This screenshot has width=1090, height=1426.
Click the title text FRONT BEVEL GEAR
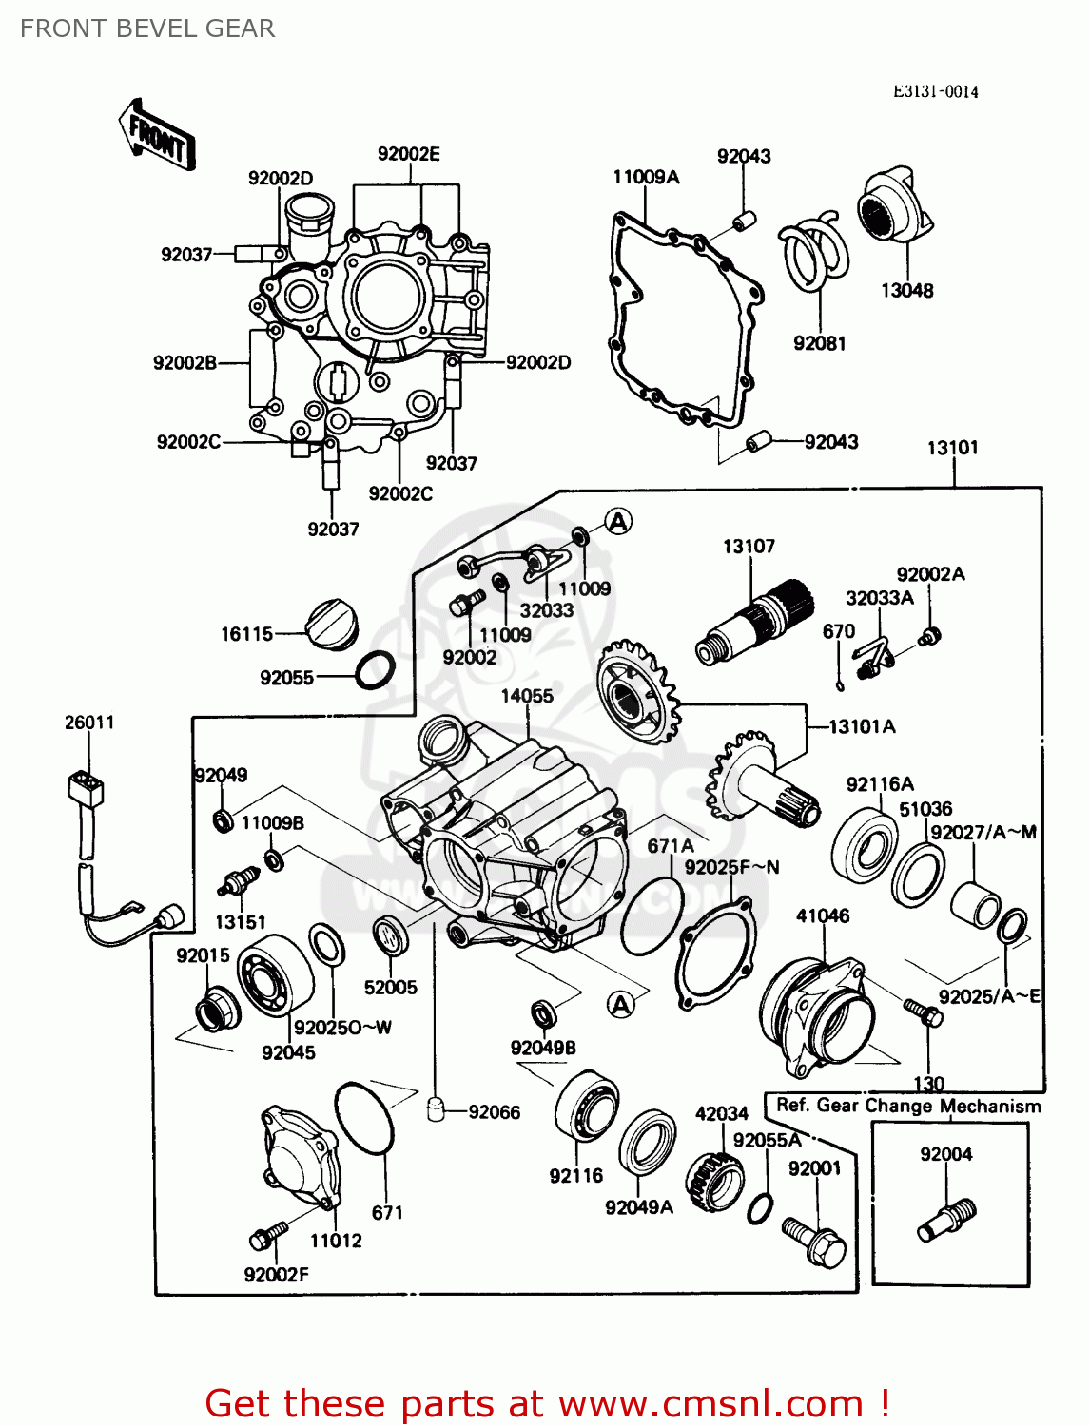click(x=147, y=29)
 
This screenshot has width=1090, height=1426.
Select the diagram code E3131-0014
click(x=935, y=91)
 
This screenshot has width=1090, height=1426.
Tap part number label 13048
click(x=906, y=291)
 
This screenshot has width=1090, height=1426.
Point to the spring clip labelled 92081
click(x=814, y=251)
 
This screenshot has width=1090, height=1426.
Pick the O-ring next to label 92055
click(x=376, y=671)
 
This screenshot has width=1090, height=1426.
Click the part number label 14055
click(x=527, y=696)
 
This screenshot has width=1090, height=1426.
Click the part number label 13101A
click(x=862, y=726)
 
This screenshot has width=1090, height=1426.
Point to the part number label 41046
click(x=823, y=915)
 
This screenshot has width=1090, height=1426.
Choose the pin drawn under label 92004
click(x=946, y=1220)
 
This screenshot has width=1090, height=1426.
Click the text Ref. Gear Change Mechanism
click(x=908, y=1106)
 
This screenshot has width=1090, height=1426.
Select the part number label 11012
click(x=336, y=1240)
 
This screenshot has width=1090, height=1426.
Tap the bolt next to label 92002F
click(x=267, y=1235)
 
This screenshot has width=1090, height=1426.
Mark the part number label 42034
click(x=721, y=1113)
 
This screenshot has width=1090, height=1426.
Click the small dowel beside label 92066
click(x=438, y=1108)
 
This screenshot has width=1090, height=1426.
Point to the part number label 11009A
click(x=646, y=177)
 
